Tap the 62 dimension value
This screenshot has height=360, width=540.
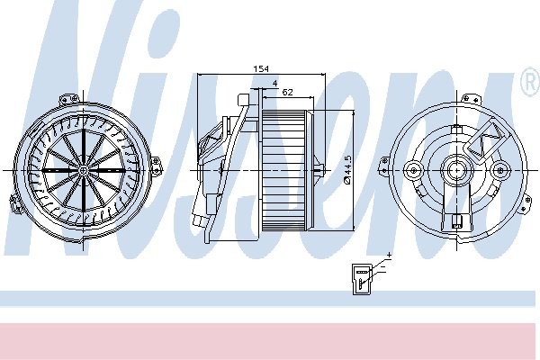coord(286,92)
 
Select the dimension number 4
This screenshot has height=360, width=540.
coord(274,84)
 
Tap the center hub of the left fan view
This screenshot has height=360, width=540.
coord(82,168)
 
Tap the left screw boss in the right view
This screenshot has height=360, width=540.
coord(414,168)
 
